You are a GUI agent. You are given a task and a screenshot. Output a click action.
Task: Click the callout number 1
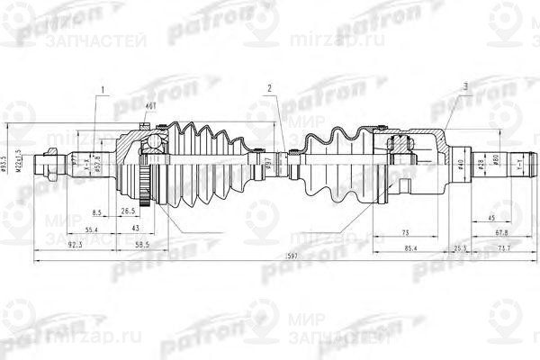click(104, 88)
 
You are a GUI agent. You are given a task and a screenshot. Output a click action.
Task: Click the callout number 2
click(269, 88)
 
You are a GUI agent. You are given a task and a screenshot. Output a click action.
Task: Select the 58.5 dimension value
click(140, 244)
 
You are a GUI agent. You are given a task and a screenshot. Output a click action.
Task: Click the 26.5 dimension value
click(128, 212)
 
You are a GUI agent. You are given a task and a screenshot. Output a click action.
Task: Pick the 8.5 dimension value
click(98, 212)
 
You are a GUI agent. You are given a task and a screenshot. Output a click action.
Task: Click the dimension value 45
click(491, 218)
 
